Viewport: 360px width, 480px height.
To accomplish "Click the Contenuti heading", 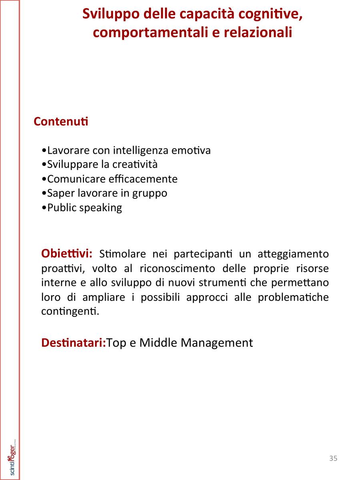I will click(61, 121).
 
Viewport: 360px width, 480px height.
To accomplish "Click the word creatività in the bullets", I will click(135, 164).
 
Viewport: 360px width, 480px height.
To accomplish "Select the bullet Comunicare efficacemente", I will click(110, 179).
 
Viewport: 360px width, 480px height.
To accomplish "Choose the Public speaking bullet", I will click(82, 208).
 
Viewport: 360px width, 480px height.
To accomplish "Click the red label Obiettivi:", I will click(67, 254).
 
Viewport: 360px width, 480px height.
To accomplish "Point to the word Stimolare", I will click(123, 254).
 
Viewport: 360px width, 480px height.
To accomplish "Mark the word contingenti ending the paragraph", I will click(70, 312).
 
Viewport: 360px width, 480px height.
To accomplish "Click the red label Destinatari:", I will click(74, 343).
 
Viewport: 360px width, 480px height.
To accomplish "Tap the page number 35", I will click(333, 458).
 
